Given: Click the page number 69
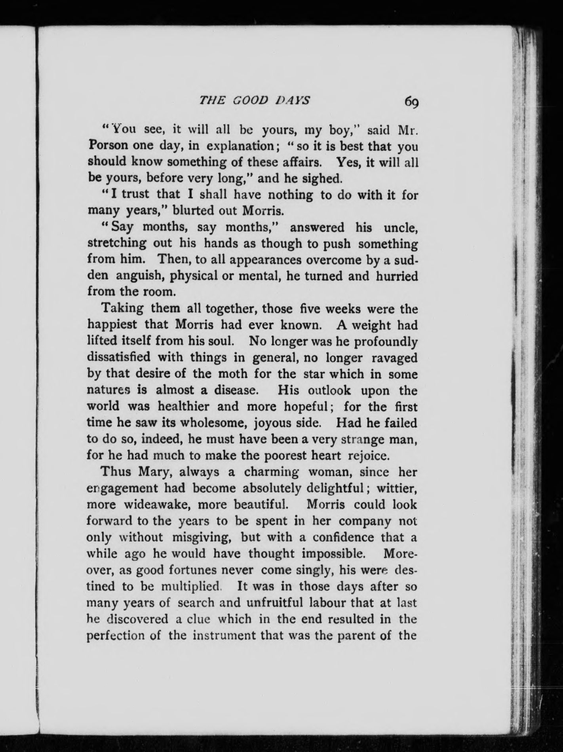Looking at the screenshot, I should (x=411, y=102).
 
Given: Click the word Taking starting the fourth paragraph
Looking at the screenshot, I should (x=119, y=308).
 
